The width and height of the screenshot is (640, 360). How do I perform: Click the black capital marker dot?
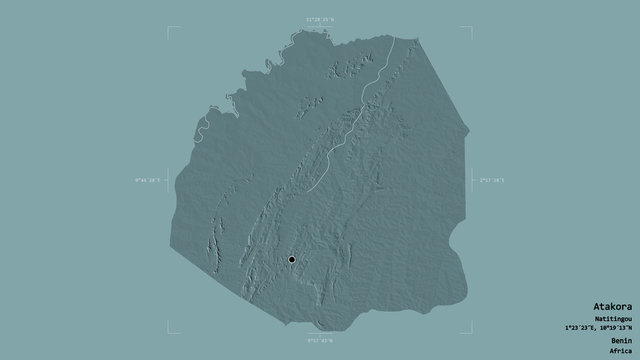point(292,260)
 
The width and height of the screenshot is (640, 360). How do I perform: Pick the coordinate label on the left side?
point(146,180)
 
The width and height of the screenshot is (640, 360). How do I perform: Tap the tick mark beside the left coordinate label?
point(166,180)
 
